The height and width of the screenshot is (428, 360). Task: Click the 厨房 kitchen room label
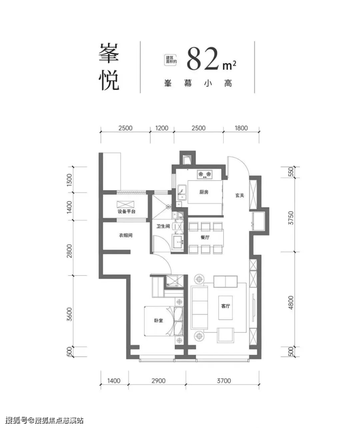(x=204, y=192)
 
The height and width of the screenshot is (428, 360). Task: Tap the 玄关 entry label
(x=239, y=196)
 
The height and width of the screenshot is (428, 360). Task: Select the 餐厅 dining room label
(x=205, y=237)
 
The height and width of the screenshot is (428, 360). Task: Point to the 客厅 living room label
(x=225, y=306)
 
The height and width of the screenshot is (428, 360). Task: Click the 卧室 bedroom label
(x=158, y=320)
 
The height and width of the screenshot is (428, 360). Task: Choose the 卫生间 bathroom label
(x=163, y=226)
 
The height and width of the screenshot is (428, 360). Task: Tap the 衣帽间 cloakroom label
(x=126, y=235)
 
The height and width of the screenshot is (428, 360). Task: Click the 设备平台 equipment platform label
(x=126, y=211)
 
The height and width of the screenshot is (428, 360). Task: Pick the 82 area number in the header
(x=203, y=59)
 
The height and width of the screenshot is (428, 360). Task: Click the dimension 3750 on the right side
(x=291, y=217)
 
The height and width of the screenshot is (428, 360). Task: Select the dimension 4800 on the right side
(x=291, y=303)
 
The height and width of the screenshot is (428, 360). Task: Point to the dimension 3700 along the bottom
(x=224, y=380)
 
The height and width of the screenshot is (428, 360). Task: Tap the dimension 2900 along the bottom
(x=158, y=380)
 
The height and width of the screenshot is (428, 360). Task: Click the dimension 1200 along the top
(x=162, y=128)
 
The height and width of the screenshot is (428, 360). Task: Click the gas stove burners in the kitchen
(x=204, y=174)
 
